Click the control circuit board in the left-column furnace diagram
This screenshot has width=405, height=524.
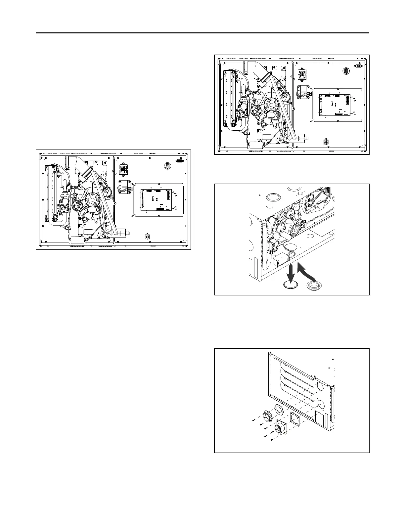click(158, 200)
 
